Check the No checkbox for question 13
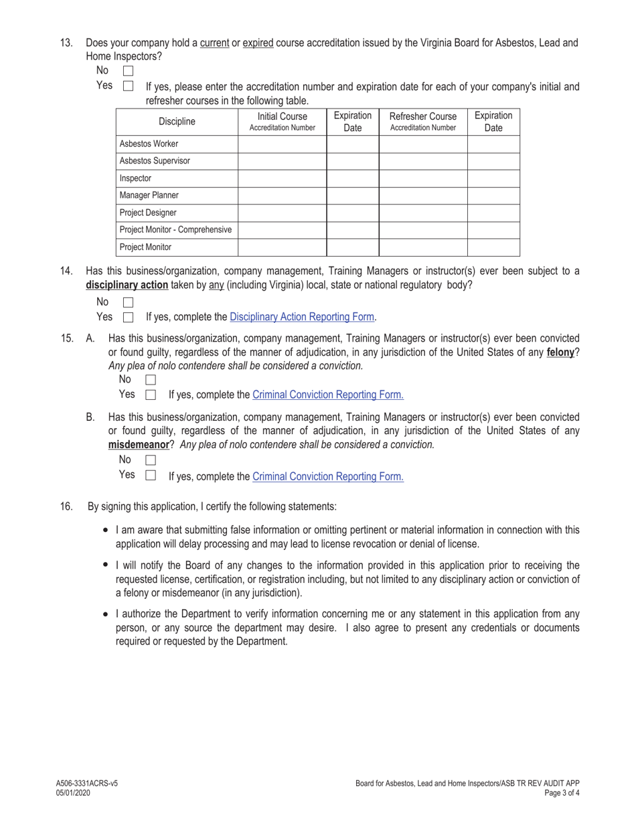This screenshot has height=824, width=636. [x=129, y=70]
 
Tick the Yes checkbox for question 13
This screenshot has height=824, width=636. [x=129, y=86]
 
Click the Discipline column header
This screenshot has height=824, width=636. [x=177, y=122]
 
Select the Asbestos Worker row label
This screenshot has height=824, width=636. [x=149, y=144]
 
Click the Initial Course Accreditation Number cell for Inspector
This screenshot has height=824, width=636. [x=282, y=179]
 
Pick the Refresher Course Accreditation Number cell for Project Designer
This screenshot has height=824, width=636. [x=422, y=213]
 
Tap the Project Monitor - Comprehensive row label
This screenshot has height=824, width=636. [x=175, y=230]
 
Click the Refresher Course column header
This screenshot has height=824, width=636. [x=422, y=121]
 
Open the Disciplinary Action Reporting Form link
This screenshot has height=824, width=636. [x=302, y=317]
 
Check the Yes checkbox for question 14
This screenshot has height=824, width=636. [x=129, y=318]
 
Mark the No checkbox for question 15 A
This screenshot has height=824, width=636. [x=151, y=380]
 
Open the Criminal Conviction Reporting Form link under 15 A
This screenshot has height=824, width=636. [x=327, y=395]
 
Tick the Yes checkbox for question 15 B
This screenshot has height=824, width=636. [x=151, y=475]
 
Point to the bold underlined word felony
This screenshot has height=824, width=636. [x=560, y=352]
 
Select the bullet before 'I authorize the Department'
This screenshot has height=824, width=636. [x=106, y=614]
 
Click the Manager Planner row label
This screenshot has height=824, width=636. [x=149, y=196]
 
